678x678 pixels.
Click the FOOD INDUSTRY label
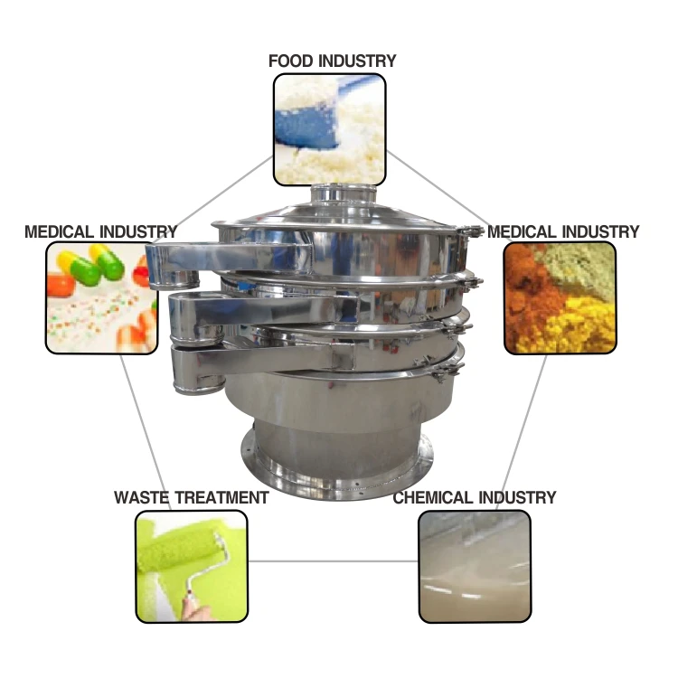[332, 61]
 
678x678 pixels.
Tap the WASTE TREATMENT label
[191, 497]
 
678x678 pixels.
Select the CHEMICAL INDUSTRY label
[474, 497]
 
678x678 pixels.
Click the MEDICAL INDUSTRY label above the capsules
[100, 232]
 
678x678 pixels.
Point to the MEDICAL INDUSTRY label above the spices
[563, 232]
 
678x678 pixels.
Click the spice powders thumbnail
[560, 297]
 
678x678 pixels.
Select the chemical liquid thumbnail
[474, 566]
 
